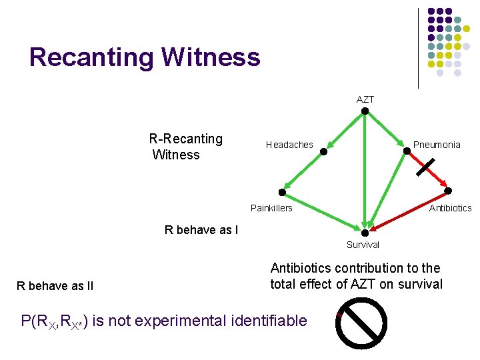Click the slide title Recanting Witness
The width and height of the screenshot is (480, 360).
click(x=145, y=57)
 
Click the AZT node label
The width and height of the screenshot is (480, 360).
click(x=365, y=99)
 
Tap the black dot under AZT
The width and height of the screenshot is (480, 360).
click(x=365, y=111)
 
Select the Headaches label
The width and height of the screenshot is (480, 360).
click(x=289, y=145)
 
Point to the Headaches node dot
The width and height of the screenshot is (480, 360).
click(x=323, y=151)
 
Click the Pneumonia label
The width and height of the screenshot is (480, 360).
click(x=437, y=145)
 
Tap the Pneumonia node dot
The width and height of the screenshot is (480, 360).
click(x=407, y=151)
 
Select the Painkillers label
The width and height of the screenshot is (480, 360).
click(x=271, y=208)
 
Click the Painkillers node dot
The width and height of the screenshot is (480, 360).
click(x=282, y=193)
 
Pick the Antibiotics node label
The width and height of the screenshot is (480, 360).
click(x=450, y=208)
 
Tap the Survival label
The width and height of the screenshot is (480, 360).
click(x=363, y=245)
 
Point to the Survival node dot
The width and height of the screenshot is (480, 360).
click(x=365, y=233)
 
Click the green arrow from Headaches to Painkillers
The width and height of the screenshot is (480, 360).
click(x=303, y=171)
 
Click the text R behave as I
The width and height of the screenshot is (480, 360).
click(x=201, y=231)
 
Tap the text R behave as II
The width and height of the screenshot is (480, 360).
click(x=55, y=286)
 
